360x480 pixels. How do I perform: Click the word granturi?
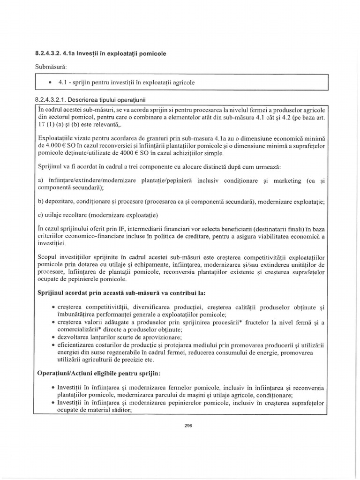[x=142, y=138]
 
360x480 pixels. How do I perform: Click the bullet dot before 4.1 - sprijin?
[x=50, y=82]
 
